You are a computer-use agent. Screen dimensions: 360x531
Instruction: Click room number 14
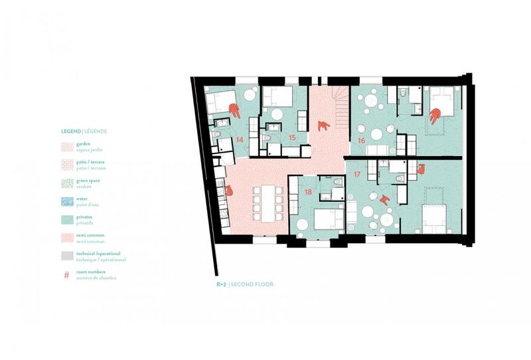(x=239, y=140)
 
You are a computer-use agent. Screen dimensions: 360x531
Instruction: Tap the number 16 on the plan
(x=361, y=141)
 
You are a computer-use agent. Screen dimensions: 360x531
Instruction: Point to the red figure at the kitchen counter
(x=229, y=191)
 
